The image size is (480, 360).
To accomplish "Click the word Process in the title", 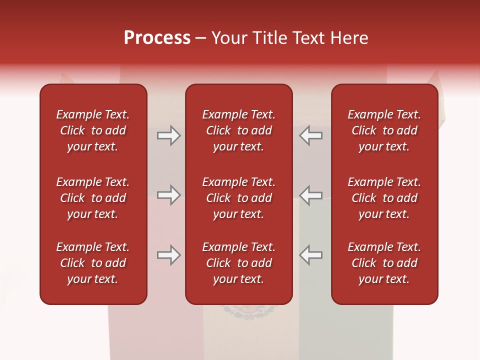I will pos(157,38).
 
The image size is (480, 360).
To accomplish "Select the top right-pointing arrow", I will pos(168,135).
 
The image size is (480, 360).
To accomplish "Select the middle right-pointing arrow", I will pos(168,194).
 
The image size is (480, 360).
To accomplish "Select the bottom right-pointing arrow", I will pos(168,255).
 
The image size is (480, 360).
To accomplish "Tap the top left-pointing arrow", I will pos(311,135).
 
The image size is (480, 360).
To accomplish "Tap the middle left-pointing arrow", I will pos(311,194).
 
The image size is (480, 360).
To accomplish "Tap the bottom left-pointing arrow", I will pos(311,255).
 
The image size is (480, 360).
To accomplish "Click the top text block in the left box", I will pos(93,130).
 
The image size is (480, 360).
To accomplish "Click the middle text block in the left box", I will pos(93,198).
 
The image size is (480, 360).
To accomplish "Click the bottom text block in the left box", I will pos(93,263).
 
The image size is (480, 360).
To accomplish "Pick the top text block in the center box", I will pos(239,130).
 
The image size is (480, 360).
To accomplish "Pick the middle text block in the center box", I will pos(239,198).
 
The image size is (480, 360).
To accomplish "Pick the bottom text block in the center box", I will pos(239,263).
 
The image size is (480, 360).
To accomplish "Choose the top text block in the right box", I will pos(384,130).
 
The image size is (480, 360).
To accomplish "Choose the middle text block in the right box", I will pos(384,198).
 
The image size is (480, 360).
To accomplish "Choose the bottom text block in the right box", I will pos(384,263).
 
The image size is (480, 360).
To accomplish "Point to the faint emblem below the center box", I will pos(249,312).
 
